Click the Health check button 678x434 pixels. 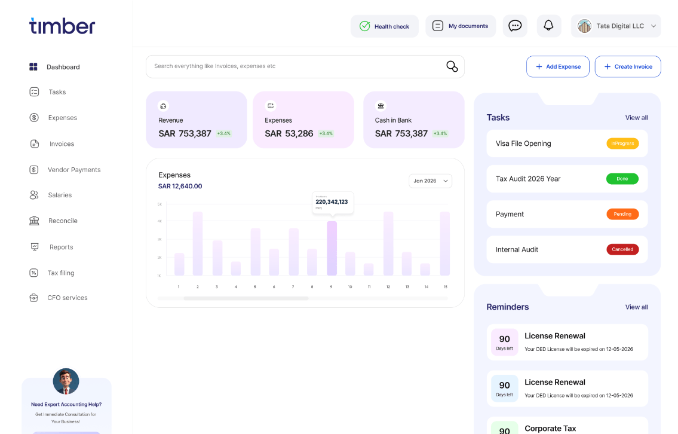[x=384, y=26]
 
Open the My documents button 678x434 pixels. [x=460, y=26]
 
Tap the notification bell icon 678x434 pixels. [x=548, y=26]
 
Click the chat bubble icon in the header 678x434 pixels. [x=515, y=26]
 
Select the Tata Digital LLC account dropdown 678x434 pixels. [x=616, y=26]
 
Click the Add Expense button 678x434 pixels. [x=557, y=66]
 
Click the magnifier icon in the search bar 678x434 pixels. [x=452, y=66]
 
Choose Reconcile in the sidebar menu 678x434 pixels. [x=62, y=221]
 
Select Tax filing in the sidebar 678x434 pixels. [x=60, y=273]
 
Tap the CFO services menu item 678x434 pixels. [x=67, y=298]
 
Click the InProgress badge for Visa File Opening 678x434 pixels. [x=622, y=143]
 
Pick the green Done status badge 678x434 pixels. [x=622, y=179]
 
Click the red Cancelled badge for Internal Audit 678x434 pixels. [x=622, y=249]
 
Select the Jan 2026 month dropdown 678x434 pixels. [x=430, y=181]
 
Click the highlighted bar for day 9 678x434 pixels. [x=332, y=248]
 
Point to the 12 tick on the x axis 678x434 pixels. [x=388, y=287]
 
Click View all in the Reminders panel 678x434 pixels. [x=636, y=307]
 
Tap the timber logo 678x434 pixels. [x=62, y=26]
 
